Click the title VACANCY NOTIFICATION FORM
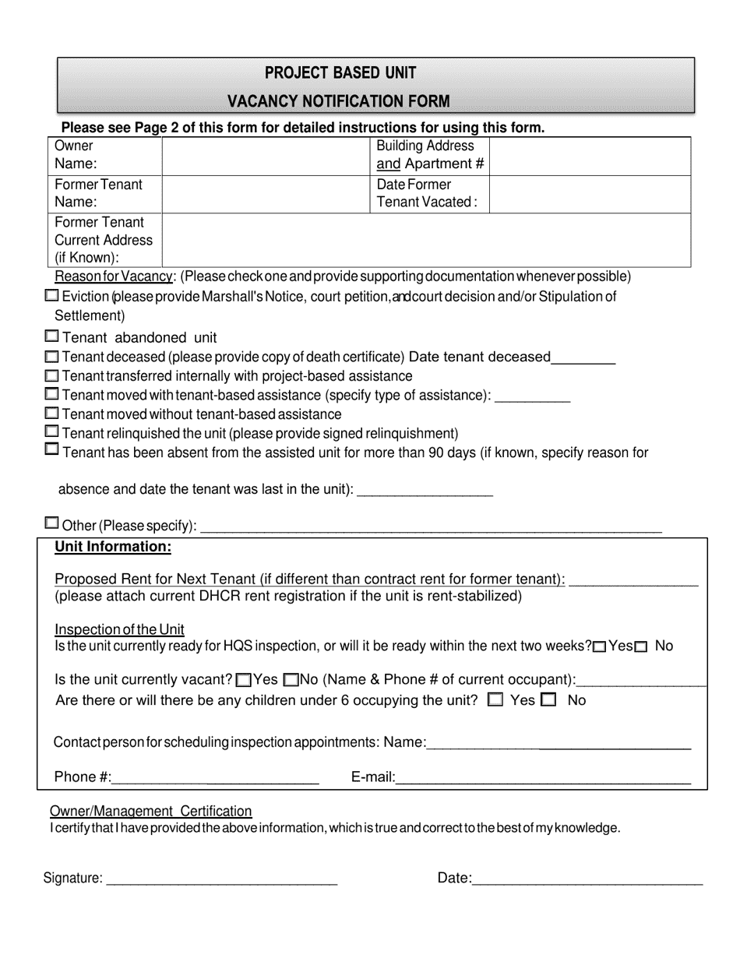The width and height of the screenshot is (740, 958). [x=338, y=101]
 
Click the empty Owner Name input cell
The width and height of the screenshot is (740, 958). [x=264, y=156]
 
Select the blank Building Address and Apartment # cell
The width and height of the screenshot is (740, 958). [x=590, y=156]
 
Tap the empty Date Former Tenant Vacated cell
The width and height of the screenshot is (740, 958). [x=590, y=194]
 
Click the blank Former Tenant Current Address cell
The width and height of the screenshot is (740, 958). [x=425, y=240]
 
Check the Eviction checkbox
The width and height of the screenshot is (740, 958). [x=51, y=296]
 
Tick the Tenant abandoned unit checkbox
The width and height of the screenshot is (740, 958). [x=51, y=336]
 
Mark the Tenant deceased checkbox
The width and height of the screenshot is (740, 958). [x=51, y=357]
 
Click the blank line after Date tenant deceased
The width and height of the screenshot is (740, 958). [x=583, y=359]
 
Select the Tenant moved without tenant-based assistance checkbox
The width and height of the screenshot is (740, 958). [x=51, y=414]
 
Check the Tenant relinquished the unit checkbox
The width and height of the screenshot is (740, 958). [x=51, y=431]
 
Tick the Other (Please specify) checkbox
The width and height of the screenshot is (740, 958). [x=51, y=523]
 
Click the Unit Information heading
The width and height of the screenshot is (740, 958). [x=112, y=547]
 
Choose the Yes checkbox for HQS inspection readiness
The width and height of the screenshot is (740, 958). [x=599, y=647]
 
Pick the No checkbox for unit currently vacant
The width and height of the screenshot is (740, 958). [x=291, y=680]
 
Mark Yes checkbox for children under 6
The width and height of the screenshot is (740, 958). [x=495, y=700]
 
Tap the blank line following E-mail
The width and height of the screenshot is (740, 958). [x=544, y=777]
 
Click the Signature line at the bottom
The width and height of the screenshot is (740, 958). [x=221, y=879]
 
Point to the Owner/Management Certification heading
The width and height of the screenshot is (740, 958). [x=151, y=812]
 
